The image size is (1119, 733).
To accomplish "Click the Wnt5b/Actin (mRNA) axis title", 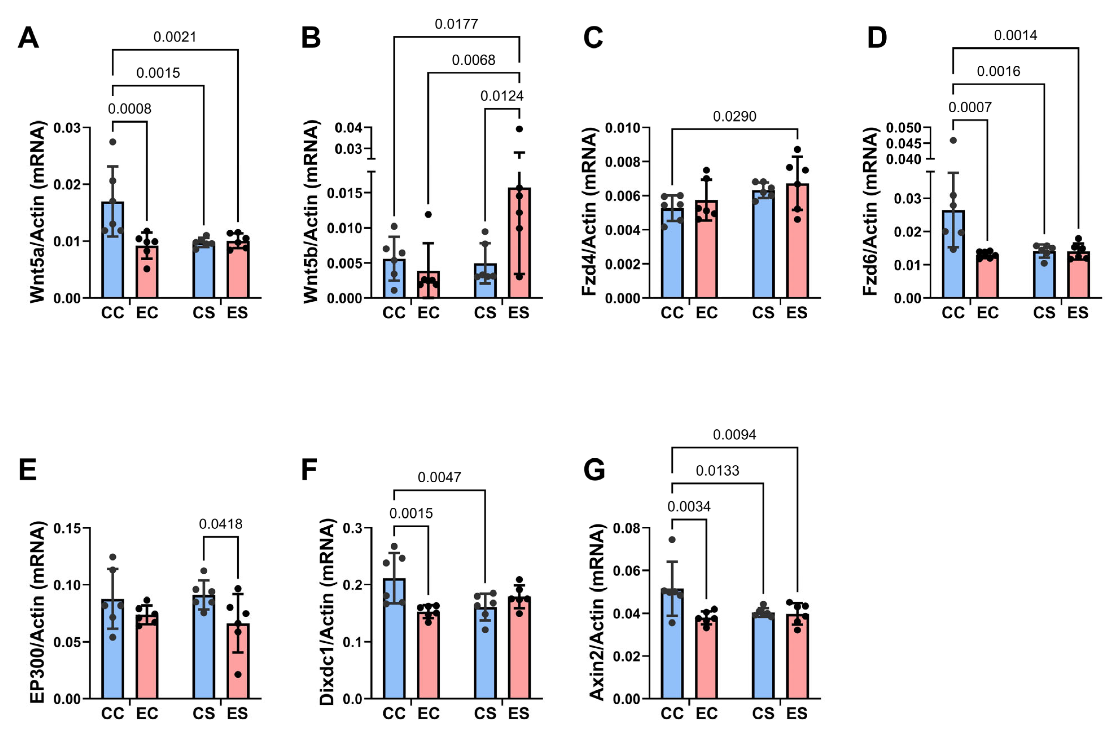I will pos(311,212).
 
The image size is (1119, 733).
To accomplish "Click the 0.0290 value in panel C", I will pos(735,116).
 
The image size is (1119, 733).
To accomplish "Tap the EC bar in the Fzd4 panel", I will pos(706,249).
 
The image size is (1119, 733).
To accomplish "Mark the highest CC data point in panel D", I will pos(953,140).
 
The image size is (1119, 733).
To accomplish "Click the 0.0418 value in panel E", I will pos(221,524).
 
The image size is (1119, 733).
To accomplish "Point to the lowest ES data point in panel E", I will pos(238,675).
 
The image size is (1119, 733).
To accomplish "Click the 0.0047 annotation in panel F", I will pos(439,477).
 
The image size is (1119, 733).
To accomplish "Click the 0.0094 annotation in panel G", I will pos(735,434).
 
